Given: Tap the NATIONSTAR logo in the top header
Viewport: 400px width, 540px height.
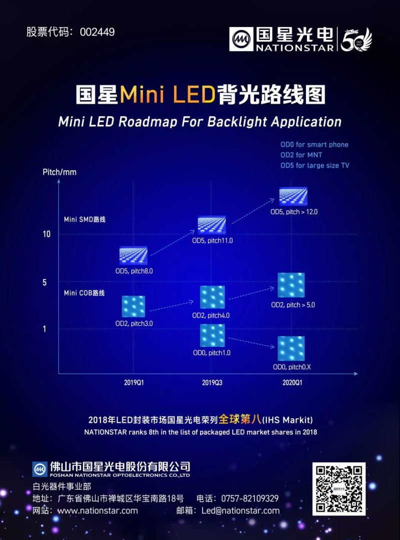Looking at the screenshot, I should pos(282,39).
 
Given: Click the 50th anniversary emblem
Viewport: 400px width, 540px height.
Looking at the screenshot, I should pos(356,39).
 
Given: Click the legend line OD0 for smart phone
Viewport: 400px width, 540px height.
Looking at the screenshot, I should pos(314,145).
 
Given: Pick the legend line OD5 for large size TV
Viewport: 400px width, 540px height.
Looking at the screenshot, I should pos(314,166).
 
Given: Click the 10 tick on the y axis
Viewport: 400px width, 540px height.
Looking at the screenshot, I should pos(46,234).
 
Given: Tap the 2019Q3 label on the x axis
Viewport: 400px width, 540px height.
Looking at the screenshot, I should pos(212,383).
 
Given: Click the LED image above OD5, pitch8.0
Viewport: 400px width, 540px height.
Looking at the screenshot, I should pos(133,255).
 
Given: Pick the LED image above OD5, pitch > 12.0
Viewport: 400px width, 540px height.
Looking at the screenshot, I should pos(293,196).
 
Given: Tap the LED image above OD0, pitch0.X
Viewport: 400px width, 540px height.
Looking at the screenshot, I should pos(291,349).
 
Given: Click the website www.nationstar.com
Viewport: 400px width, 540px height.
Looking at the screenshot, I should pos(97,511).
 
